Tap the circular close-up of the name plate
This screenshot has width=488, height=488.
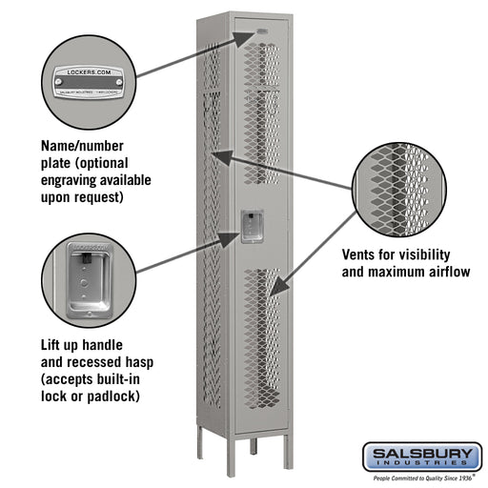point(88,80)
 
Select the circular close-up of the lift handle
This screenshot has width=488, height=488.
point(88,280)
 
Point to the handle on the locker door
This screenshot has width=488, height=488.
point(253,227)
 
